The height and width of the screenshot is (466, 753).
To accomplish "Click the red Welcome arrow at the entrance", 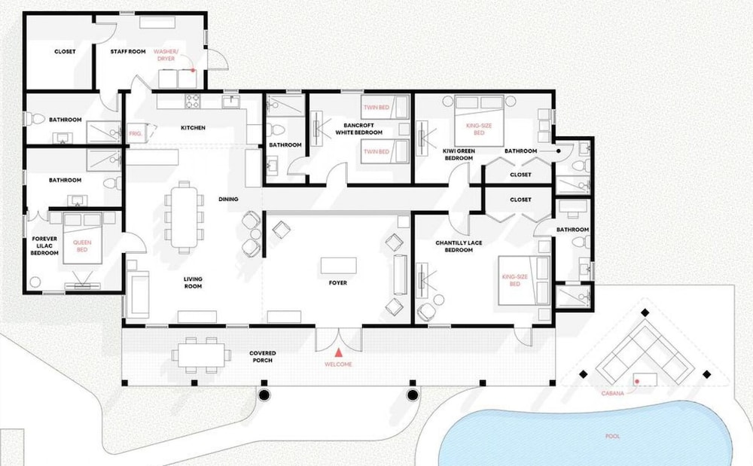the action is click(x=339, y=353).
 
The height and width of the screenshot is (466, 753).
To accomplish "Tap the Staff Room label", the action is click(x=128, y=51).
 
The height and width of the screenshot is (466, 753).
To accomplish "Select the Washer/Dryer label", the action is click(x=166, y=55).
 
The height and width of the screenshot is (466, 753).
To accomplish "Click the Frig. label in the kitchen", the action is click(x=136, y=134).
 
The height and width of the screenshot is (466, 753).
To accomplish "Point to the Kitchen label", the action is click(x=193, y=128).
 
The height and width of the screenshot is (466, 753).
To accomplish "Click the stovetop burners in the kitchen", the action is click(x=193, y=102).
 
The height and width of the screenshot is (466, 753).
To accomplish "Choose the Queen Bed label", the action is click(x=82, y=246).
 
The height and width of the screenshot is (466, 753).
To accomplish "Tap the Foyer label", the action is click(x=338, y=282).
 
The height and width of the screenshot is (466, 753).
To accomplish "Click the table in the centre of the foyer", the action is click(x=339, y=266).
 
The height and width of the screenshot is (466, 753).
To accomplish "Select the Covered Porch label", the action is click(x=263, y=357).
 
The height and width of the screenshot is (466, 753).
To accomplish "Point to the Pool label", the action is click(x=612, y=436).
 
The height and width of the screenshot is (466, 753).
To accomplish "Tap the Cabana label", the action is click(x=613, y=394).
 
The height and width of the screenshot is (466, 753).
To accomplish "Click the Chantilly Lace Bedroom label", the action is click(x=459, y=246).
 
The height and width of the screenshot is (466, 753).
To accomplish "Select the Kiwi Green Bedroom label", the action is click(x=459, y=154).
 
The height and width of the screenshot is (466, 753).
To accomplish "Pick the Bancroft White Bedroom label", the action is click(x=358, y=129).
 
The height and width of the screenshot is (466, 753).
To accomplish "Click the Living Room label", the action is click(x=193, y=282).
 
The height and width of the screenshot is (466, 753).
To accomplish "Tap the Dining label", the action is click(x=228, y=199).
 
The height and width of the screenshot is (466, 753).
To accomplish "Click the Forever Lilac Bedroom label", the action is click(x=44, y=245).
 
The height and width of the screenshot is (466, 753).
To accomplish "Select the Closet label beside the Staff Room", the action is click(x=65, y=51).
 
